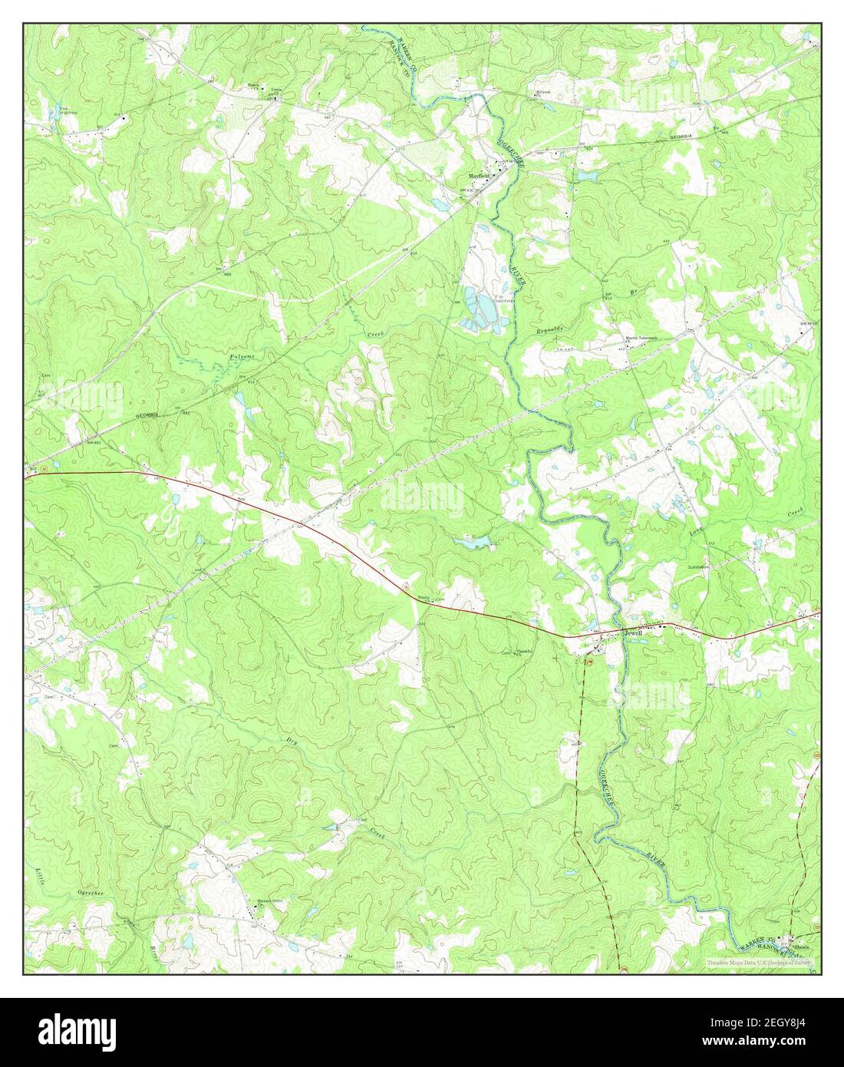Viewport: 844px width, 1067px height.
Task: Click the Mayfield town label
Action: coord(474,175)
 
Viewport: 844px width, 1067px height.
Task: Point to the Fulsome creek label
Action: coord(242,358)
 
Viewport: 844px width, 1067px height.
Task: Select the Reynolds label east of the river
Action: coord(549,329)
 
